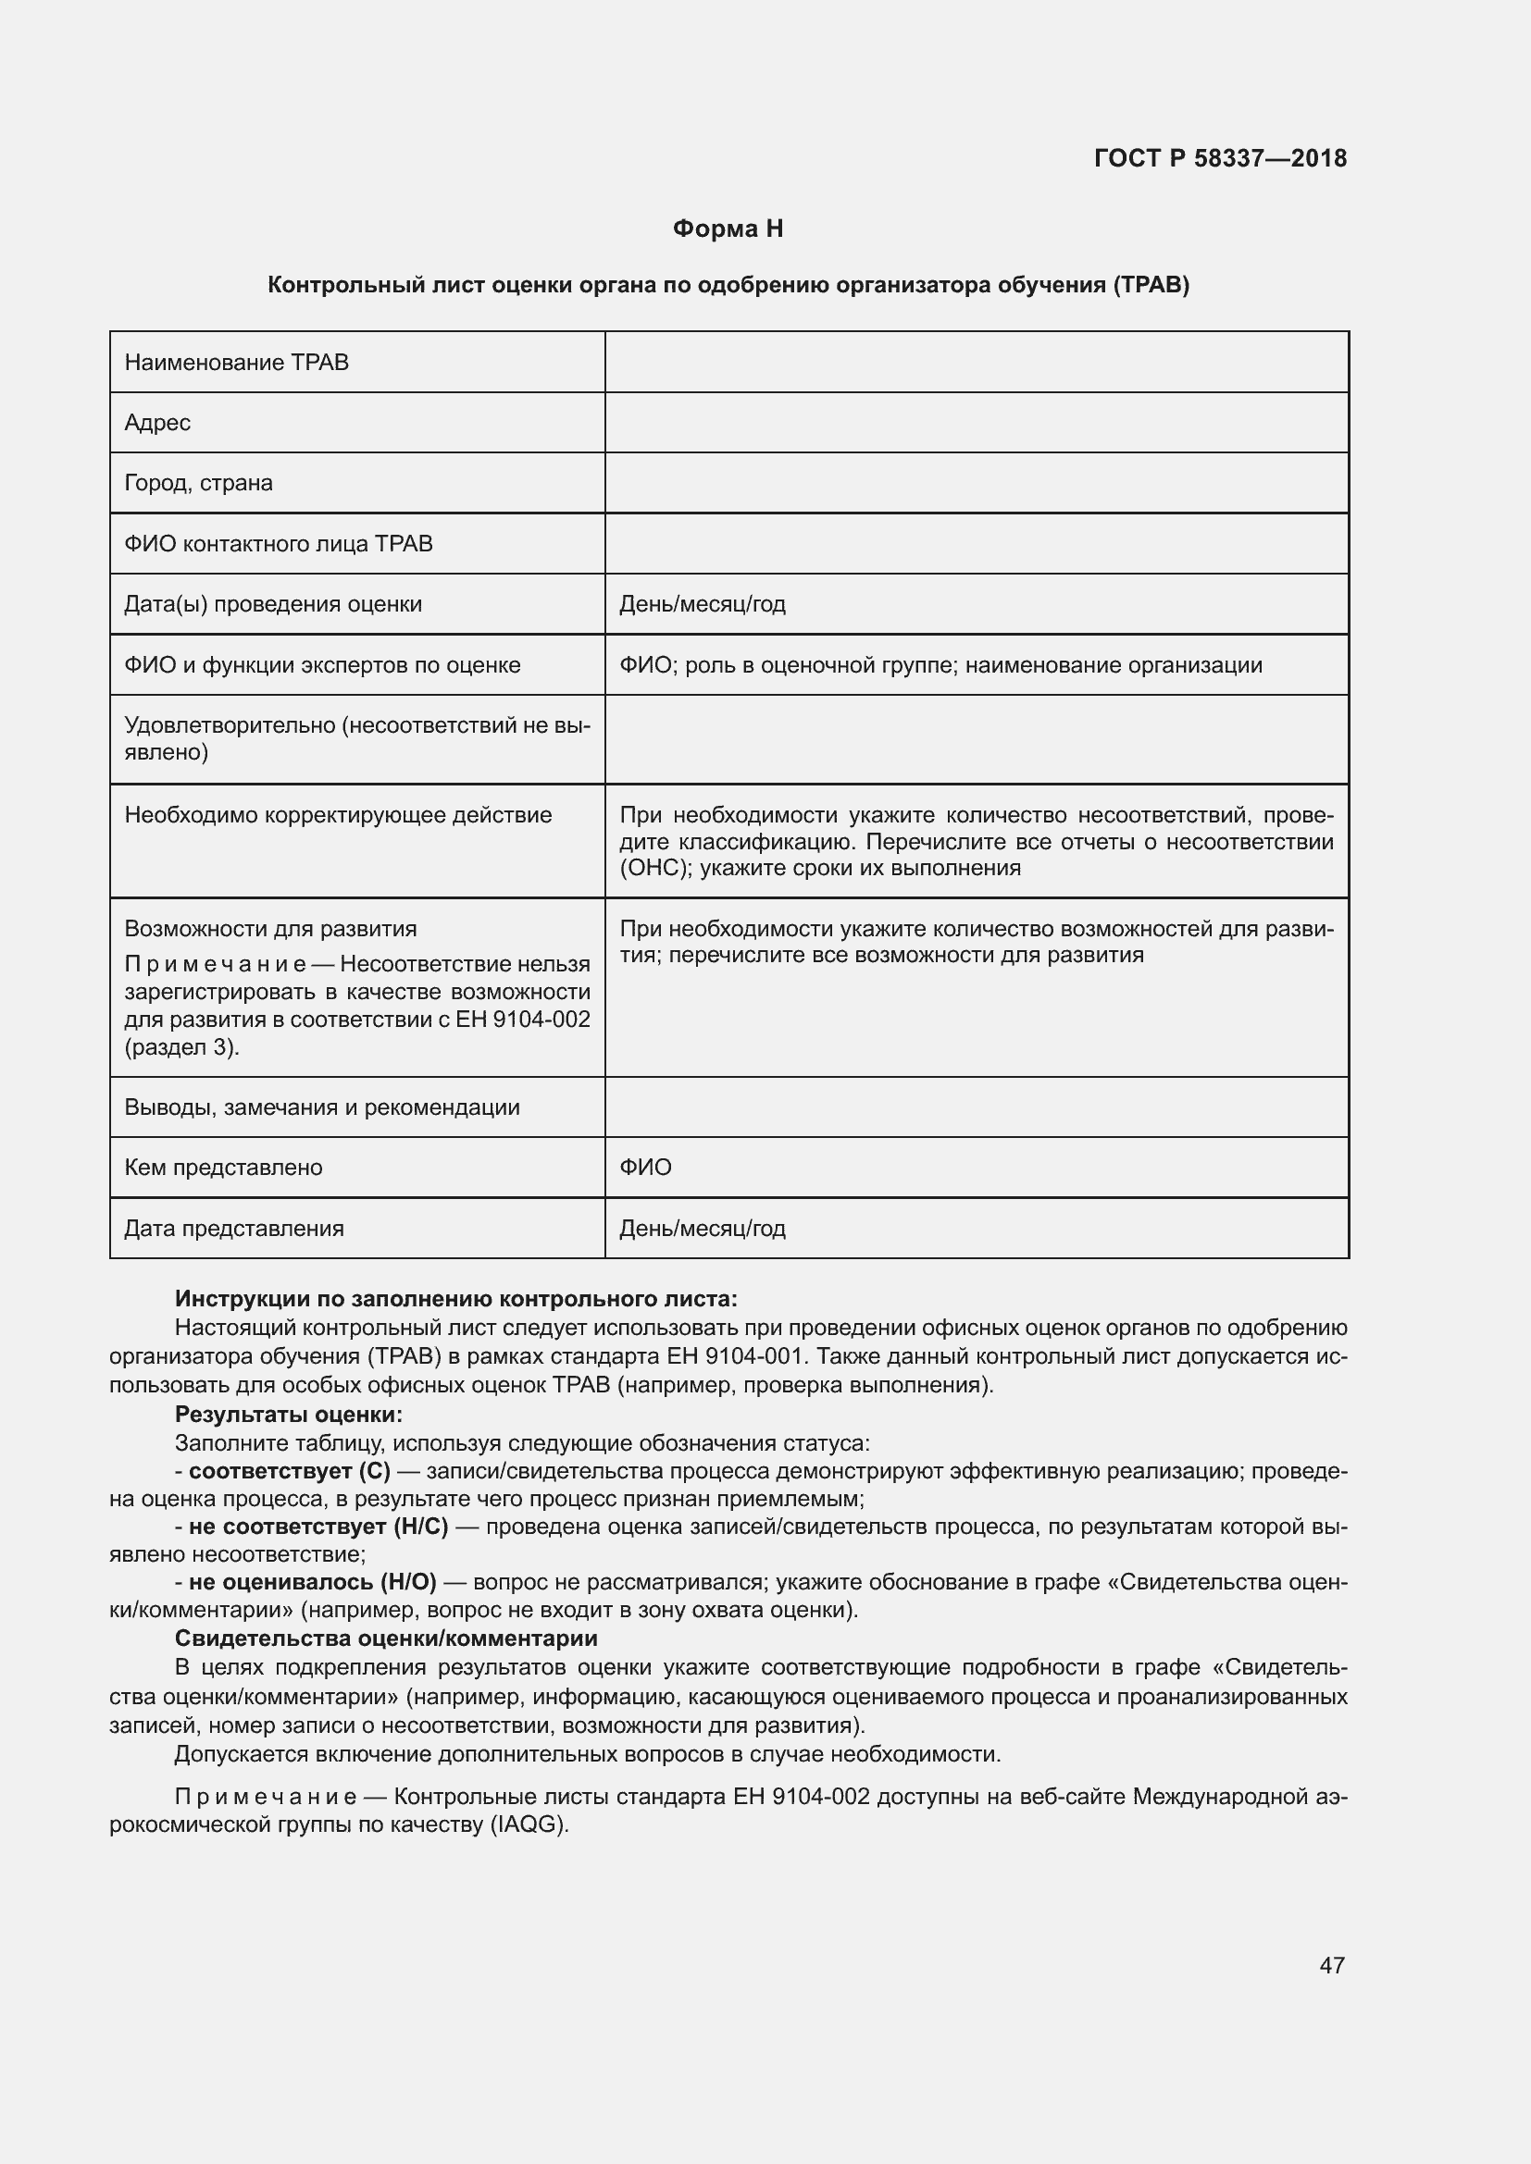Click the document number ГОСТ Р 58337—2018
[x=1220, y=158]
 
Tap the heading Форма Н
[x=728, y=229]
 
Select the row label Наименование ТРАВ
[x=237, y=363]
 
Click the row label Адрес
[x=157, y=423]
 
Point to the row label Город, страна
[x=199, y=484]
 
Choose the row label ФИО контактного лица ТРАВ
[x=278, y=544]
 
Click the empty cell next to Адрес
[x=976, y=423]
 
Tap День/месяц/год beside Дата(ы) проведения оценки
[x=703, y=604]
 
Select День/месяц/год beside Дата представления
[x=703, y=1229]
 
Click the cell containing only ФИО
[x=646, y=1168]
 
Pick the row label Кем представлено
[x=223, y=1168]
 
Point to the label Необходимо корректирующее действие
[x=339, y=815]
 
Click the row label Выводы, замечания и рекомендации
[x=322, y=1107]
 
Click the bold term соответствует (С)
[x=290, y=1471]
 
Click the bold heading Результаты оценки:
[x=289, y=1415]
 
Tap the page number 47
[x=1332, y=1965]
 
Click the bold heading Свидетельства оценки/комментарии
[x=387, y=1638]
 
